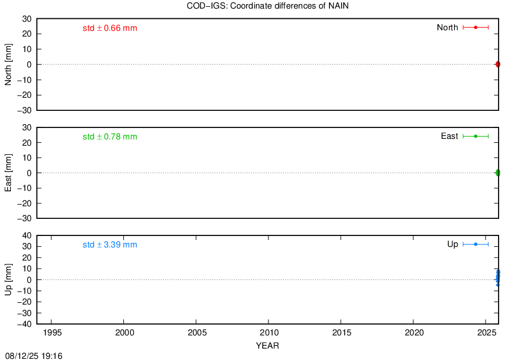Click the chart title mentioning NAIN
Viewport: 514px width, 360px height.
click(x=267, y=6)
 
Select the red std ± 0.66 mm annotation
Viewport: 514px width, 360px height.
click(x=110, y=28)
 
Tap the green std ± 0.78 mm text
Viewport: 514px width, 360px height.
click(x=110, y=137)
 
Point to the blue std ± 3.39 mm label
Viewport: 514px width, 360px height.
click(x=110, y=245)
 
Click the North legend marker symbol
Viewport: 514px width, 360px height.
click(x=476, y=27)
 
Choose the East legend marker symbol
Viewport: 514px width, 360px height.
click(x=476, y=136)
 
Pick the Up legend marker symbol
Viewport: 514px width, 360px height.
click(x=476, y=244)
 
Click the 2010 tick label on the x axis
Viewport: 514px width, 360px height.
click(x=269, y=333)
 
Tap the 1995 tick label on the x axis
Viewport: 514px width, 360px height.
click(x=52, y=333)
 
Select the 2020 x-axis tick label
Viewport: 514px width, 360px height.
click(x=414, y=333)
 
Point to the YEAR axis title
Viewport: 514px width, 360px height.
click(x=267, y=346)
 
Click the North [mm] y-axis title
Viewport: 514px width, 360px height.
click(x=8, y=65)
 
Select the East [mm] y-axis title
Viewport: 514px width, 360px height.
click(x=8, y=173)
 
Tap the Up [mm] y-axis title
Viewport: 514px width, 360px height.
click(x=8, y=279)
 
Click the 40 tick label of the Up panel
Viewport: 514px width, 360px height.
click(x=27, y=236)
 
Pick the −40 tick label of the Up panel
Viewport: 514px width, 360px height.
click(x=25, y=324)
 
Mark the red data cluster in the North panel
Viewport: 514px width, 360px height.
click(x=497, y=64)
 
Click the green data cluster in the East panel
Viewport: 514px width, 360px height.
click(x=497, y=173)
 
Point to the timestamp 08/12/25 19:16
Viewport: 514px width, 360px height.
click(x=34, y=356)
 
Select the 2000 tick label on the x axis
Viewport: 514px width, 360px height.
click(x=125, y=333)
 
